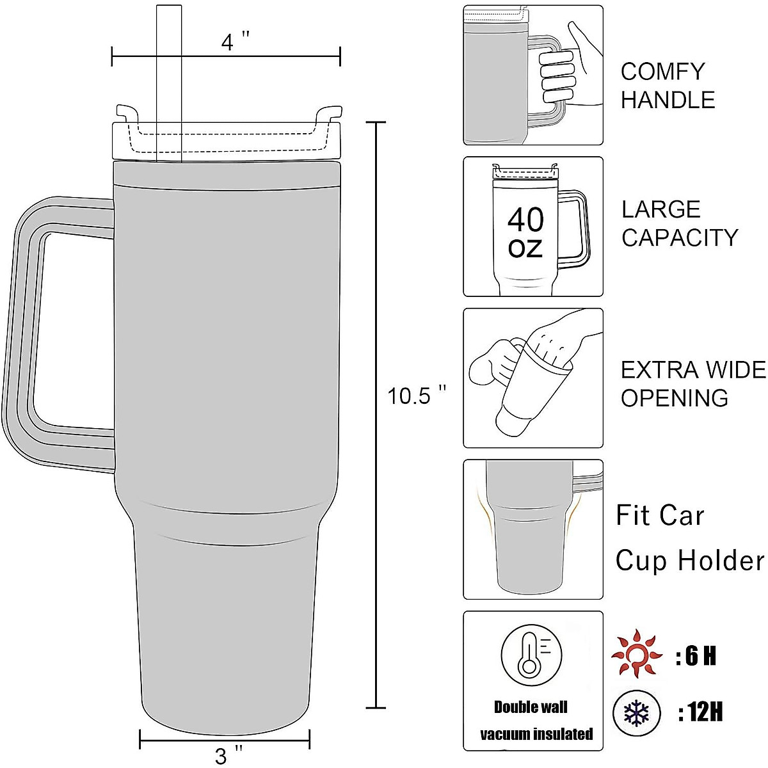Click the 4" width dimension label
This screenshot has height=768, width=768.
[235, 42]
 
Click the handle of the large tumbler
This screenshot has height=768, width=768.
[26, 333]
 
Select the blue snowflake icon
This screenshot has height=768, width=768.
[636, 712]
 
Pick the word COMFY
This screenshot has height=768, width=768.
[662, 71]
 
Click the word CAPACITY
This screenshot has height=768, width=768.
[680, 237]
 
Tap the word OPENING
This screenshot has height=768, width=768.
[675, 398]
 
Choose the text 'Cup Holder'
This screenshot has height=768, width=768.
[689, 561]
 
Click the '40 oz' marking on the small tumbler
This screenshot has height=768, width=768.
[525, 232]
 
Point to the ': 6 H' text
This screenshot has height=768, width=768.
[696, 656]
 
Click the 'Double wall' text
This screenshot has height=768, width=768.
[531, 707]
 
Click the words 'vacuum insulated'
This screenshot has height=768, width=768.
[536, 734]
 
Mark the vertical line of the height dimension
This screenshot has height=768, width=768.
[376, 416]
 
